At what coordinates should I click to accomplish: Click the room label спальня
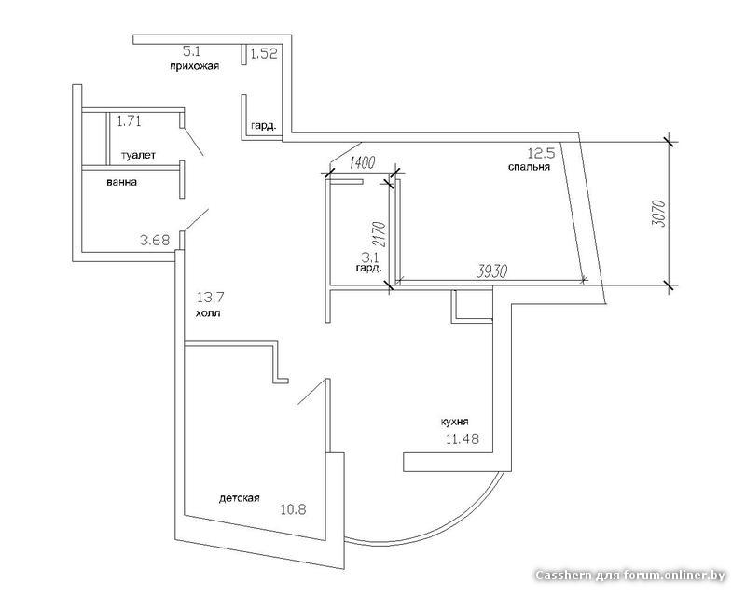(x=529, y=167)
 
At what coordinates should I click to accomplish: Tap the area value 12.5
(x=542, y=153)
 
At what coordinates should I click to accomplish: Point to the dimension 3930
(x=492, y=271)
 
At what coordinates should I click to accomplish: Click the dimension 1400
(x=362, y=162)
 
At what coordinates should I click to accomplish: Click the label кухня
(x=455, y=422)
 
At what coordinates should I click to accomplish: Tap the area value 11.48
(x=462, y=438)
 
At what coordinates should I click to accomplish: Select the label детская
(x=240, y=498)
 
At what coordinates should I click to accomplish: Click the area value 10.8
(x=293, y=510)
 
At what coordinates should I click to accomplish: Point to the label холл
(x=207, y=313)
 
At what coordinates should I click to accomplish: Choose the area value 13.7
(x=211, y=298)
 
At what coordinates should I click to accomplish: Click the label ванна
(x=122, y=182)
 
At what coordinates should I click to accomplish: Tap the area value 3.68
(x=155, y=241)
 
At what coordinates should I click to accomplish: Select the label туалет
(x=138, y=155)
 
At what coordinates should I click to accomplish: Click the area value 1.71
(x=129, y=121)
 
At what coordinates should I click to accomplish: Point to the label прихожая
(x=195, y=66)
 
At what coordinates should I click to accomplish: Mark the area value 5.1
(x=192, y=51)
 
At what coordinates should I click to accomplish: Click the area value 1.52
(x=264, y=53)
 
